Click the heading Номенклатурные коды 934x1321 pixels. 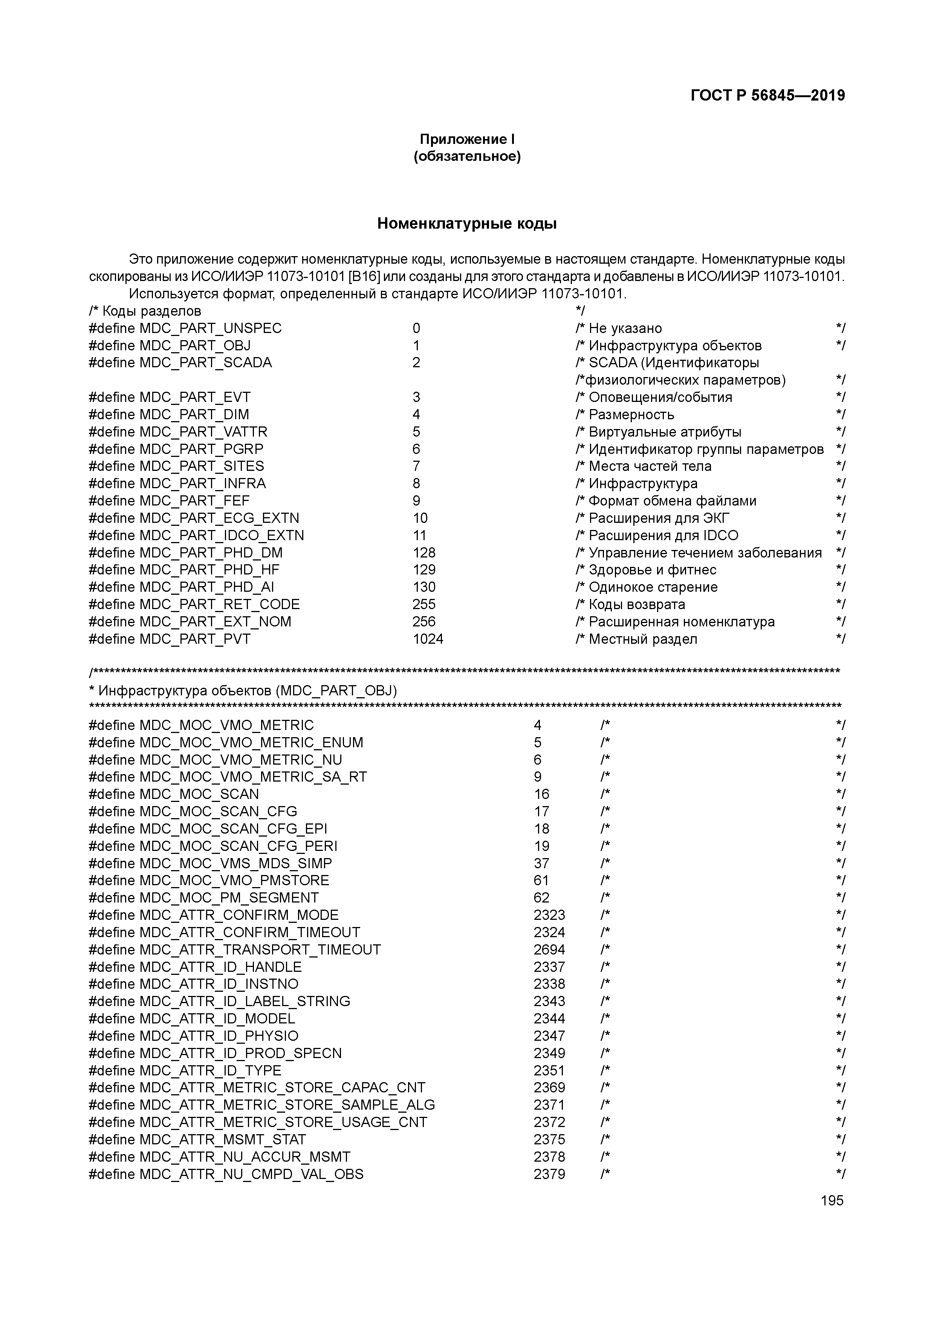pos(467,224)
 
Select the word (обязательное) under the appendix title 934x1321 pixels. pos(467,156)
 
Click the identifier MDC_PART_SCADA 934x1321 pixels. pos(205,362)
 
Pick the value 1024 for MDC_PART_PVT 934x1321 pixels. pos(428,638)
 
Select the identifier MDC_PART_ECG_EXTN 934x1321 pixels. pos(219,518)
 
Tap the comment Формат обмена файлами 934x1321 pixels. pos(672,501)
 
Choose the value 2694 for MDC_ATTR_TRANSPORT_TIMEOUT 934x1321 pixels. pos(549,949)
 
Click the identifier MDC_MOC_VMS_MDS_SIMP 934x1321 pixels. pos(235,863)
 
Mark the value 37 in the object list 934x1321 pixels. pos(541,863)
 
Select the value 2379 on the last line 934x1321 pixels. pos(549,1174)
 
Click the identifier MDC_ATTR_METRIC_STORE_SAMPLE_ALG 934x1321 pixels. pos(287,1105)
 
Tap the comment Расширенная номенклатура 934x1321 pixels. pos(681,622)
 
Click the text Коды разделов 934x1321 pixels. pos(151,311)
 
